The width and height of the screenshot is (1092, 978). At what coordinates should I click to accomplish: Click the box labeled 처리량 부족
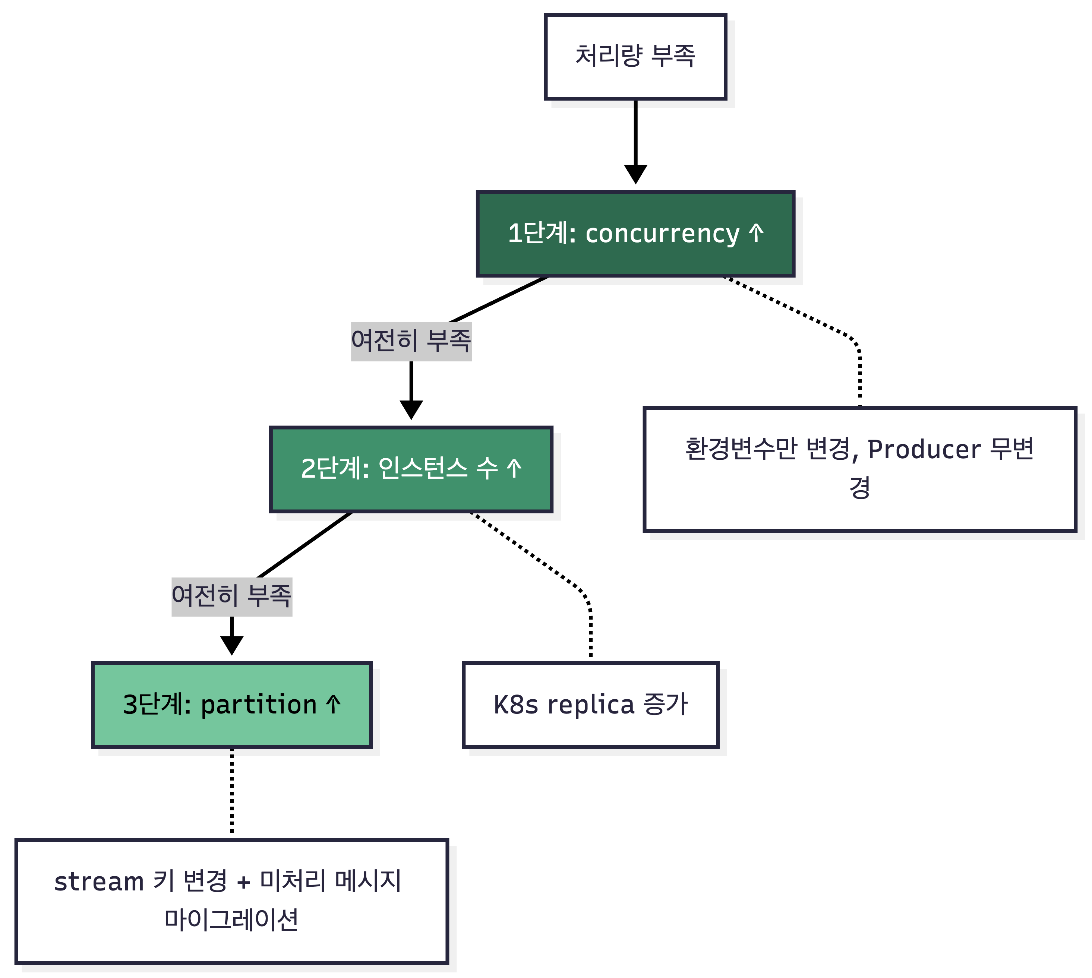point(635,56)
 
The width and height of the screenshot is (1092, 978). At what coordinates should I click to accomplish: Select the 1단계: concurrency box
point(635,234)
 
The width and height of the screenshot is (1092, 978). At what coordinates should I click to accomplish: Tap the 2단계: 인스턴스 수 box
point(411,469)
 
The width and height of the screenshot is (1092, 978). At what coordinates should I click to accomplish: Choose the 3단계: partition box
point(231,705)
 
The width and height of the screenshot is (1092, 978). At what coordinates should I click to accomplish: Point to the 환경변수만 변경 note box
point(860,469)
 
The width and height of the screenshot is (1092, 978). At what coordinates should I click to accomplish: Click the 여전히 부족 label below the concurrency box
point(411,341)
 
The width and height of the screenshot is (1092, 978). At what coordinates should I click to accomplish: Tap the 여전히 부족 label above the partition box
point(231,596)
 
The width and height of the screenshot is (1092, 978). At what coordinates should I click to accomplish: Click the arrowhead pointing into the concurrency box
point(635,175)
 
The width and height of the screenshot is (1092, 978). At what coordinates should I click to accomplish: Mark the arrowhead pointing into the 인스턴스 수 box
point(411,409)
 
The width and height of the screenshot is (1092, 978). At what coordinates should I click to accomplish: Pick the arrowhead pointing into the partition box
point(231,645)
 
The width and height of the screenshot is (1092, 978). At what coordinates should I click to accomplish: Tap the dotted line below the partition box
point(231,790)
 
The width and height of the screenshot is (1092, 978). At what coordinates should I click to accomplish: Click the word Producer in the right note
point(924,449)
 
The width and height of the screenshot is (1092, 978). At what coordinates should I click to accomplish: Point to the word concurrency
point(662,234)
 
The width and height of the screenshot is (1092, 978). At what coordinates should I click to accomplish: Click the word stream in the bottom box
point(99,882)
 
